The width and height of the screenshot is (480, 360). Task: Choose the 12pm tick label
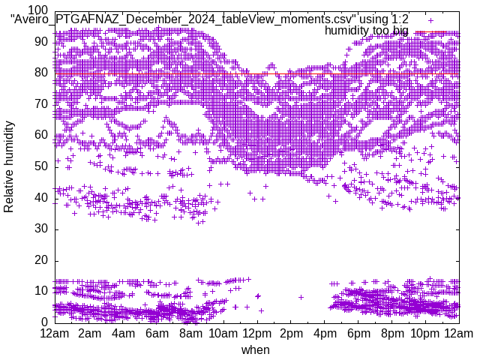(257, 333)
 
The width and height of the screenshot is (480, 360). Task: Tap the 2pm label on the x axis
(291, 333)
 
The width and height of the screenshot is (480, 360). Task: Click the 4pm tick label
(325, 333)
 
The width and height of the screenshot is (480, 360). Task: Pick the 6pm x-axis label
(358, 333)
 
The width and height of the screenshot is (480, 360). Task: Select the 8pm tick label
(392, 333)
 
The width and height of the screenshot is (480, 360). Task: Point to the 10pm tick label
(426, 333)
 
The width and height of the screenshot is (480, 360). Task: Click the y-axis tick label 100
(38, 10)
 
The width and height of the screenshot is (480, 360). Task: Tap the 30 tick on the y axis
(41, 229)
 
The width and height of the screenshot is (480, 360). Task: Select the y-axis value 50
(41, 166)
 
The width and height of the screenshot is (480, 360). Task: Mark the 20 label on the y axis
(41, 260)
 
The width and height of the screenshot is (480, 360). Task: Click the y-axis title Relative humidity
(10, 166)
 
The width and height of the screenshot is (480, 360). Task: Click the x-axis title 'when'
(256, 349)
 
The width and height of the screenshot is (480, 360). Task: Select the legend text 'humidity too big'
(366, 31)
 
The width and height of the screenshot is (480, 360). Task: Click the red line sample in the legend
(436, 31)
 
